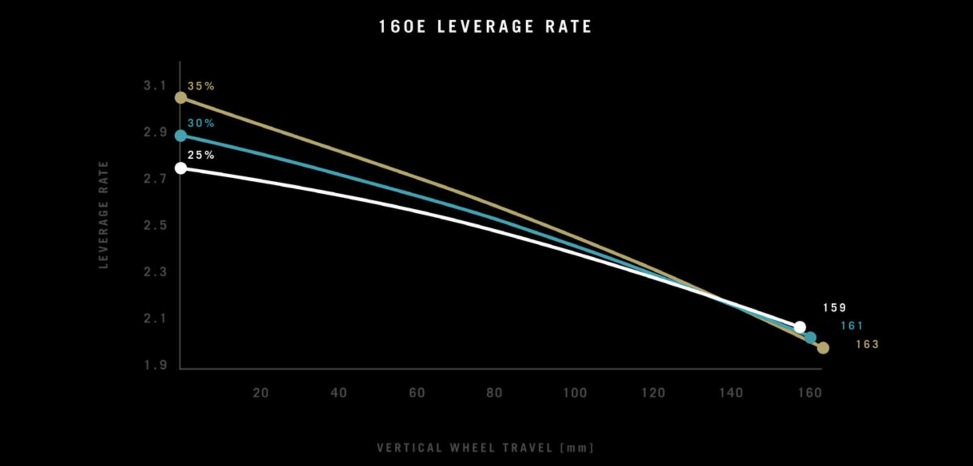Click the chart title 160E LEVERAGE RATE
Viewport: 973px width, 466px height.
click(x=485, y=27)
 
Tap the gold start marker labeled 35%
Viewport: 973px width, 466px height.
click(x=181, y=98)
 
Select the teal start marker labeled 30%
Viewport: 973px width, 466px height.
click(x=181, y=136)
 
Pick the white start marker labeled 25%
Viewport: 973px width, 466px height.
click(x=181, y=168)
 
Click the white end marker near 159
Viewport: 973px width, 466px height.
click(x=800, y=327)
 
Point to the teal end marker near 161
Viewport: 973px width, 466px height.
click(x=810, y=338)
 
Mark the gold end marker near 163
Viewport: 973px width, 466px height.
click(x=823, y=348)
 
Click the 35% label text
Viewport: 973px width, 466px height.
click(x=201, y=86)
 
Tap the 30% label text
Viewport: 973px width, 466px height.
click(x=201, y=123)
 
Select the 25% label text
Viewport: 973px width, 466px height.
click(x=201, y=155)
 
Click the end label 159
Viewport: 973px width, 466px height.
click(x=835, y=308)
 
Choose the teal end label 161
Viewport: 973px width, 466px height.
click(x=852, y=326)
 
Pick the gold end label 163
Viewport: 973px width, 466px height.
click(x=867, y=344)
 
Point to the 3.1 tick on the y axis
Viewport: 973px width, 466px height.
click(x=155, y=85)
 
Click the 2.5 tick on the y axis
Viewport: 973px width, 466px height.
click(x=155, y=225)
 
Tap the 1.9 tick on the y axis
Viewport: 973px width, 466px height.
click(x=155, y=365)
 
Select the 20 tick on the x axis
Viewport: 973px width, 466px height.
click(x=261, y=393)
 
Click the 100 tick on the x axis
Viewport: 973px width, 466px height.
click(x=575, y=393)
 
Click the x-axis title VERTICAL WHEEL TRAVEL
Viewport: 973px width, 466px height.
click(x=485, y=448)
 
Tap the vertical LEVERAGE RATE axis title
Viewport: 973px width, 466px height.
click(x=103, y=215)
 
